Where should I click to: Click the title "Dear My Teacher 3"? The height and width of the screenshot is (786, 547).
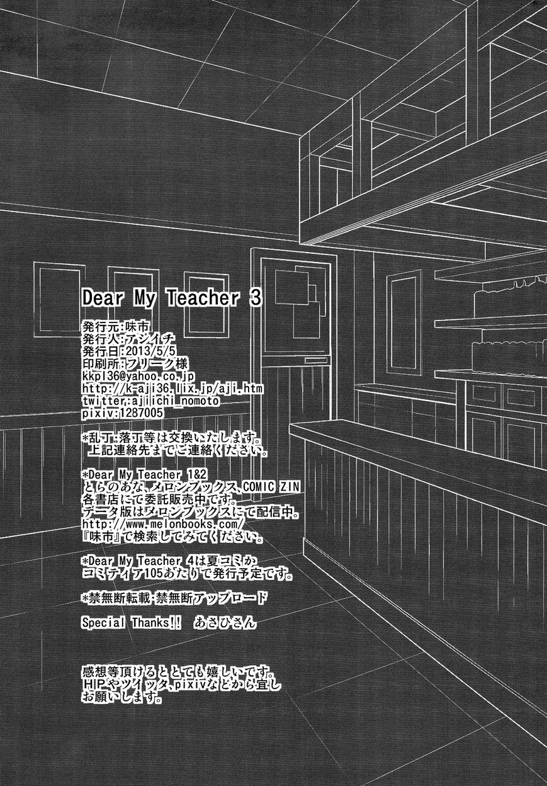172,298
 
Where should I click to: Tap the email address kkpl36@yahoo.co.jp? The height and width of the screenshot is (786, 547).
138,376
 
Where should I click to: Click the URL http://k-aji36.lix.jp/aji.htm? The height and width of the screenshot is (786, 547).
172,389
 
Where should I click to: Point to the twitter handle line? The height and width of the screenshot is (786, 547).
151,401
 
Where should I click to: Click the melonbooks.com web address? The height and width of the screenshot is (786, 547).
162,524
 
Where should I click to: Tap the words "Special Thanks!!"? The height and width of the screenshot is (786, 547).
132,622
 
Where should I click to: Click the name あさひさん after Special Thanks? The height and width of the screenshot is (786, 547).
225,623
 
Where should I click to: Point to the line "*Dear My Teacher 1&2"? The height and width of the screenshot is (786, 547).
144,474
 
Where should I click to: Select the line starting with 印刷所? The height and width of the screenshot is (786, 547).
135,363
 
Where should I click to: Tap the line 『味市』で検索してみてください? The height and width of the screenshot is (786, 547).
172,537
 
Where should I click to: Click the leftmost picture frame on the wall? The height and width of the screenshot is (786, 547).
59,300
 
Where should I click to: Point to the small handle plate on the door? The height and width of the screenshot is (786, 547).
316,361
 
